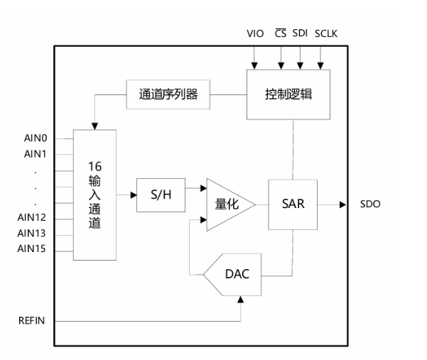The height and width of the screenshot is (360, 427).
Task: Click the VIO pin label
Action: tap(255, 33)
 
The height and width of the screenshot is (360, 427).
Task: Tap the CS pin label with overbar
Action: tap(281, 33)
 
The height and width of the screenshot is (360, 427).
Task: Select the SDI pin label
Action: tap(300, 33)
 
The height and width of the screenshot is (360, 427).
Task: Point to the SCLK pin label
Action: tap(326, 33)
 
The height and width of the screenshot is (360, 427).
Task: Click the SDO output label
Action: tap(370, 204)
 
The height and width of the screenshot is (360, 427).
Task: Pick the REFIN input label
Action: tap(31, 320)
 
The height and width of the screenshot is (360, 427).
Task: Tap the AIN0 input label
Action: tap(36, 138)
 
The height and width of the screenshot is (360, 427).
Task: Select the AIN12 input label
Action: tap(31, 217)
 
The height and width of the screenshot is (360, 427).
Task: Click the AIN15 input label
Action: tap(31, 249)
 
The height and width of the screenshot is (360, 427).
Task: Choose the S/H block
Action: tap(161, 195)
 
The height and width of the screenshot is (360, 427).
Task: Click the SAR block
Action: tap(293, 204)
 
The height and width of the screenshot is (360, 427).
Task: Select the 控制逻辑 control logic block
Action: tap(288, 94)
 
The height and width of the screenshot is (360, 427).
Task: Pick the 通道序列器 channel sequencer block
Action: tap(168, 94)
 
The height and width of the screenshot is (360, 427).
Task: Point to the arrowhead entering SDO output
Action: tap(343, 204)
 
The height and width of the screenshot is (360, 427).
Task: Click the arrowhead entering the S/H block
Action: tap(134, 195)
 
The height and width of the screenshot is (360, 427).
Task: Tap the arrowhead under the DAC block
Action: tap(240, 300)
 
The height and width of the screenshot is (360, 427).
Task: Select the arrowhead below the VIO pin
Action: tap(254, 66)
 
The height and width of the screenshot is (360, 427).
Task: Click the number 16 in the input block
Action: tap(94, 167)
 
